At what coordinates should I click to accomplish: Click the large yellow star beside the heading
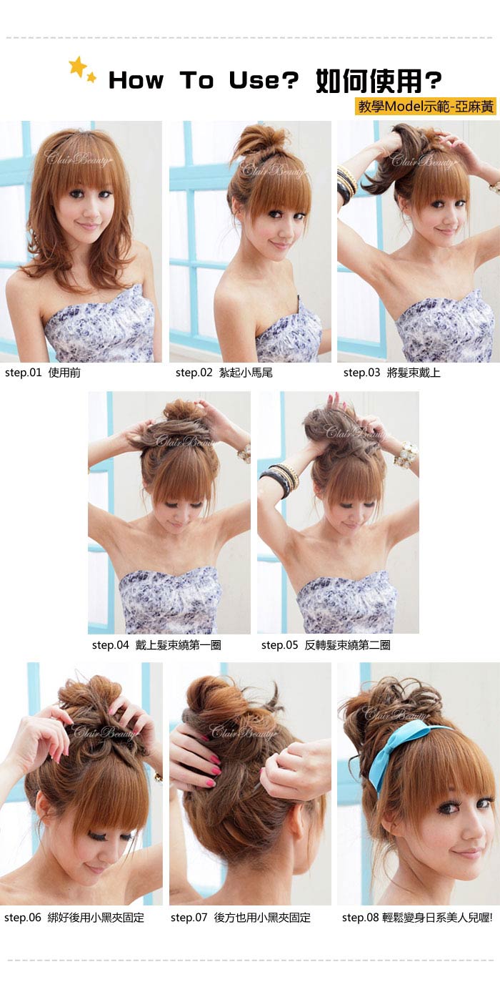click(x=78, y=67)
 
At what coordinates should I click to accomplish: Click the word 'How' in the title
click(x=136, y=80)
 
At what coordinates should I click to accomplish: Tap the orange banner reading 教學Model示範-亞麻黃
click(x=426, y=106)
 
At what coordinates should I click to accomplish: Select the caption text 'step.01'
click(x=23, y=373)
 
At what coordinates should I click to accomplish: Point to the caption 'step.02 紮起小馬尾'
click(x=224, y=373)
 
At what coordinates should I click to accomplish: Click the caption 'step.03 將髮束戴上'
click(x=391, y=373)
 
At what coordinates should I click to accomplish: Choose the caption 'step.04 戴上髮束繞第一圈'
click(x=156, y=645)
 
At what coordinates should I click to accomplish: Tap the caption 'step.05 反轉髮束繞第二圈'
click(x=326, y=645)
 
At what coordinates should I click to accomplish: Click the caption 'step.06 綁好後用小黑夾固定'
click(x=74, y=918)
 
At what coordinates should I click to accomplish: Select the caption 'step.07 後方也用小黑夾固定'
click(x=241, y=918)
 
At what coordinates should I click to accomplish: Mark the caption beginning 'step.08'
click(x=417, y=918)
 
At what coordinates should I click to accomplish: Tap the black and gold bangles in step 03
click(x=346, y=183)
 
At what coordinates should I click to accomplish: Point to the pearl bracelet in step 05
click(x=406, y=454)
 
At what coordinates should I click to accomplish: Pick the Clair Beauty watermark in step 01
click(x=77, y=158)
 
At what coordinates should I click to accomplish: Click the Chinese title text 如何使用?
click(x=379, y=81)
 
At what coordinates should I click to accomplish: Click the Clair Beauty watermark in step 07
click(x=244, y=732)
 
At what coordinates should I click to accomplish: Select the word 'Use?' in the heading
click(x=264, y=80)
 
